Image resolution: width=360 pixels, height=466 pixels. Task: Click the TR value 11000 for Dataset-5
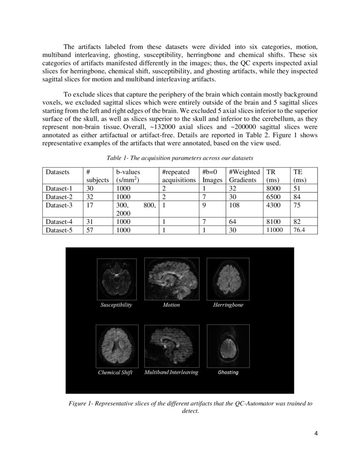pyautogui.click(x=274, y=230)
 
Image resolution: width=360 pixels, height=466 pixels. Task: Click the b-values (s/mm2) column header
pyautogui.click(x=128, y=176)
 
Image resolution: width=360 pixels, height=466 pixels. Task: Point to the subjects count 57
pyautogui.click(x=89, y=230)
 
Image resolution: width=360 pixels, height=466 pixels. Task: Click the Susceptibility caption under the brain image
pyautogui.click(x=116, y=305)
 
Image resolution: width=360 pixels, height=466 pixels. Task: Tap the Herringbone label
pyautogui.click(x=228, y=305)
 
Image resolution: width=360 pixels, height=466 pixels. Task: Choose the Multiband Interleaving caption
pyautogui.click(x=171, y=372)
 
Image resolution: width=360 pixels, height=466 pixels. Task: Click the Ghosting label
pyautogui.click(x=228, y=372)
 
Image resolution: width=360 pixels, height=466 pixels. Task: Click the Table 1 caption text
pyautogui.click(x=180, y=158)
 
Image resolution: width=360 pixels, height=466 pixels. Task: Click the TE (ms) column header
pyautogui.click(x=300, y=176)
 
